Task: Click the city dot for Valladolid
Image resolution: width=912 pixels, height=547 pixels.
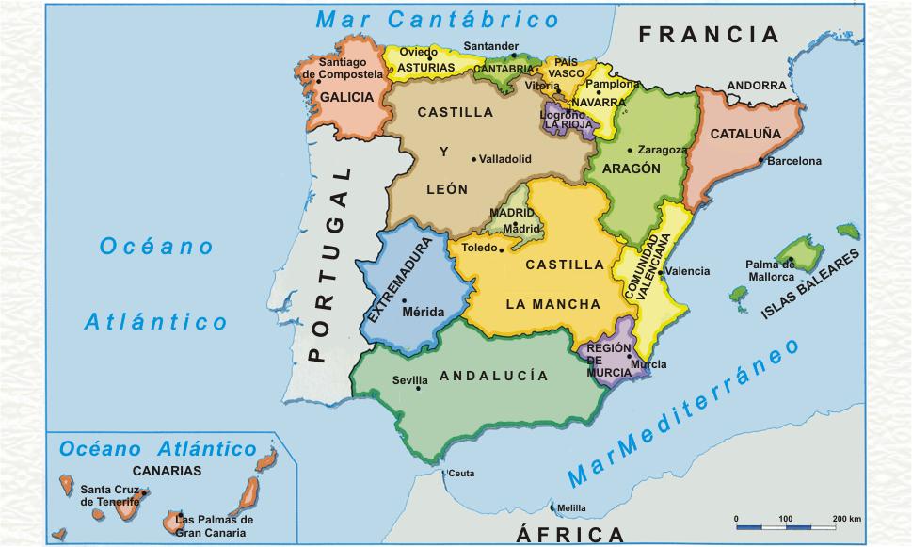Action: coord(473,159)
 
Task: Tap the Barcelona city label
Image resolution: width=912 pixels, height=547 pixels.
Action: coord(794,161)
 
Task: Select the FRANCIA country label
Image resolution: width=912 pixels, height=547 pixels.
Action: coord(710,36)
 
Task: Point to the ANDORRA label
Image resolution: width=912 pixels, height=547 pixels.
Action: coord(757,86)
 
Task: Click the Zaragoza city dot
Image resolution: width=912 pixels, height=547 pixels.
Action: coord(632,149)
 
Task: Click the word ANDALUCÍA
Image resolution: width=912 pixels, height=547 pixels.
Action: coord(493,376)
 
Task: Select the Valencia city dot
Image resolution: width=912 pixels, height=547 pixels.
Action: coord(661,272)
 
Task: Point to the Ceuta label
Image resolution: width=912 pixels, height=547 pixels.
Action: coord(461,473)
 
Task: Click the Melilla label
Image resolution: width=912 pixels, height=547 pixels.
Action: coord(571,508)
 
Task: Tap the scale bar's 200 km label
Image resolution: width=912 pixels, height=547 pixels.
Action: coord(847,519)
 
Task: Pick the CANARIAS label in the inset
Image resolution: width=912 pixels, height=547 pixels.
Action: coord(167,471)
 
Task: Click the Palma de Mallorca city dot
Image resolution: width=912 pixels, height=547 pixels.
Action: coord(792,259)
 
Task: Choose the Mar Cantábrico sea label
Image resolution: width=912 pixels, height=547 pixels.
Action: coord(437,19)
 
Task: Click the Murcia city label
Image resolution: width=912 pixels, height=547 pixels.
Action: coord(648,364)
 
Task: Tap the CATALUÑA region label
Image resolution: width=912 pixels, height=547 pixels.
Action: coord(745,134)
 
